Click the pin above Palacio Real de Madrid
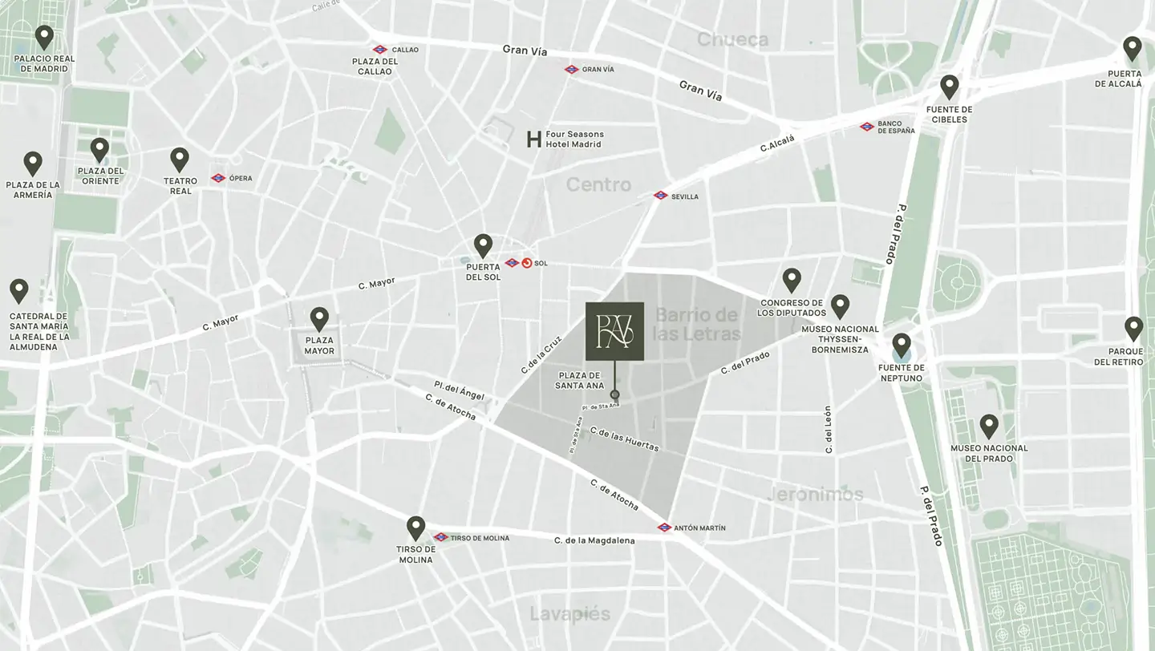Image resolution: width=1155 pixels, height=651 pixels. click(44, 37)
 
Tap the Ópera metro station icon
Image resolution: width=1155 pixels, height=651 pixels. click(218, 178)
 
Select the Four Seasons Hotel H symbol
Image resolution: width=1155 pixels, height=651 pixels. click(533, 139)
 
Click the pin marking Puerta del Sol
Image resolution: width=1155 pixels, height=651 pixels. click(483, 245)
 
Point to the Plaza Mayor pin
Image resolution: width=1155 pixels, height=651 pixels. click(319, 319)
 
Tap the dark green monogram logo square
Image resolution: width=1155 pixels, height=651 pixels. click(614, 331)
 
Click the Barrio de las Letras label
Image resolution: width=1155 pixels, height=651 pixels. click(697, 323)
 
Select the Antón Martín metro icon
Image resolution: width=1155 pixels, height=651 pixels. click(664, 528)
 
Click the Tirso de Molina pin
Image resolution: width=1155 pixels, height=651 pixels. click(415, 528)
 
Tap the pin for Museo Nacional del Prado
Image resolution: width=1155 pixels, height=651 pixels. click(988, 426)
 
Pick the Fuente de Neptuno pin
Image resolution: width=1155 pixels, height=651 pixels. click(902, 345)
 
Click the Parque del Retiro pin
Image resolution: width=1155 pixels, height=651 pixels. click(1133, 328)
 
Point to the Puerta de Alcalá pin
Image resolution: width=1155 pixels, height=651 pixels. click(1132, 48)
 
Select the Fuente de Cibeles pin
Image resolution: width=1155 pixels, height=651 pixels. click(950, 87)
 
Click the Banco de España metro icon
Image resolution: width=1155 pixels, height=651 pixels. click(866, 127)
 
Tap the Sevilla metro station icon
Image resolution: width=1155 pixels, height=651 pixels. click(660, 196)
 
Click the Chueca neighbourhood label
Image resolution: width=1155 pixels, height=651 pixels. click(732, 39)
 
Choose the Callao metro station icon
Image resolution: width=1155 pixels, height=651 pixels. click(380, 50)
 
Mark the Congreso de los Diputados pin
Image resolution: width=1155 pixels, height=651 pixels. click(792, 280)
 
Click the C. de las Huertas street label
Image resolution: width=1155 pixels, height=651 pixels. click(624, 439)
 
